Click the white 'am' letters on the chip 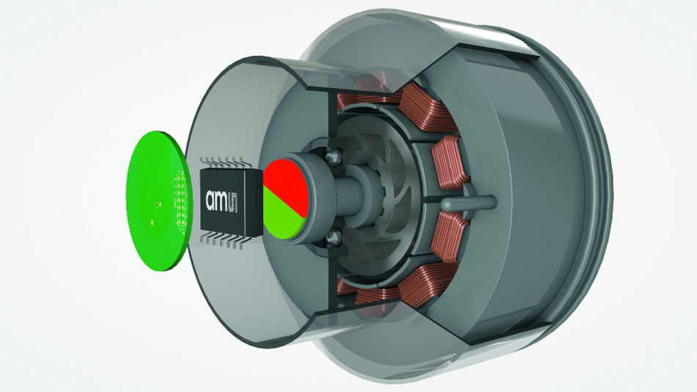click(x=216, y=200)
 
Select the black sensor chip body click(x=232, y=201)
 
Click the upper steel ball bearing click(x=333, y=156)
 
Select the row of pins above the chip click(x=222, y=162)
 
